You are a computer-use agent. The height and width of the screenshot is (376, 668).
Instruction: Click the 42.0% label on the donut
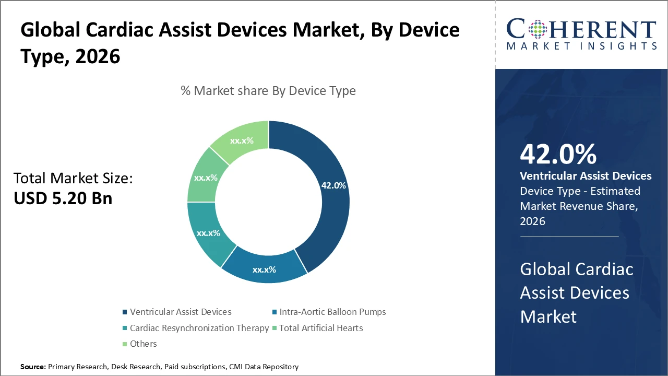pyautogui.click(x=333, y=185)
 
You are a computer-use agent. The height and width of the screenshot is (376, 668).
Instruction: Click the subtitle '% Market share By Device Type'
pyautogui.click(x=268, y=91)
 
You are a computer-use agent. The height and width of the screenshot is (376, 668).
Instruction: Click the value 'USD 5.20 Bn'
pyautogui.click(x=63, y=198)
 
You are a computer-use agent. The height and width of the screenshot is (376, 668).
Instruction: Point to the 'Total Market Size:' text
pyautogui.click(x=73, y=179)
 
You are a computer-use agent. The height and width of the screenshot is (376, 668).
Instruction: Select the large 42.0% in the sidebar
pyautogui.click(x=558, y=155)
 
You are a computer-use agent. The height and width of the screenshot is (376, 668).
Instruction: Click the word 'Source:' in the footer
pyautogui.click(x=33, y=367)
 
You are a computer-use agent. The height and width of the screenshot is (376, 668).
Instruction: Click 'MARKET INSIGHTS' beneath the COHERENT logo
pyautogui.click(x=581, y=46)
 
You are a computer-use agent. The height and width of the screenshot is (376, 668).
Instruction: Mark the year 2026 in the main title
pyautogui.click(x=98, y=56)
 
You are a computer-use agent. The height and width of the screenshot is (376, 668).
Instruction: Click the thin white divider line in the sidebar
pyautogui.click(x=569, y=237)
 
